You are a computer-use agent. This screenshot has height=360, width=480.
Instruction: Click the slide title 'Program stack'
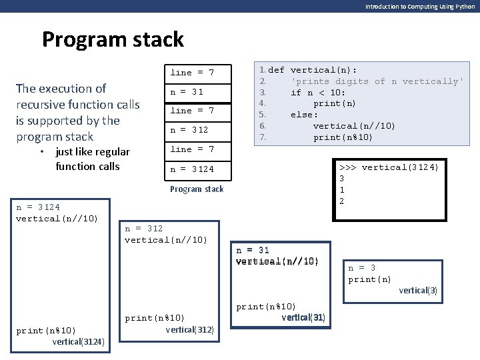coord(113,39)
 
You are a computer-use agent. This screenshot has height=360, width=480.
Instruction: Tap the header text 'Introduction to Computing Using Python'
coord(420,6)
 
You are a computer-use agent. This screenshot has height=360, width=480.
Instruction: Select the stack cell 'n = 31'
coord(187,92)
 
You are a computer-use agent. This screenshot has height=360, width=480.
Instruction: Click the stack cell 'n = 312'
coord(190,130)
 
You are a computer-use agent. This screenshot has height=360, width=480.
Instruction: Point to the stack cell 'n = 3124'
coord(193,169)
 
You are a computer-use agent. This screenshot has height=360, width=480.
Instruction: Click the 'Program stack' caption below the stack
coord(197,189)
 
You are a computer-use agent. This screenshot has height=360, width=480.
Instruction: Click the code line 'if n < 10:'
coord(318,93)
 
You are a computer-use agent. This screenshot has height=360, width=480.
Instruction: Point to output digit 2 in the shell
coord(342,201)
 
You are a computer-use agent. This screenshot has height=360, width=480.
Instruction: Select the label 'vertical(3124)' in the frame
coord(78,342)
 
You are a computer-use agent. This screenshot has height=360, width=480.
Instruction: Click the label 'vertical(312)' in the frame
coord(190,329)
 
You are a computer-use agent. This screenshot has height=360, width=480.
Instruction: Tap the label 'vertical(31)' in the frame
coord(303,317)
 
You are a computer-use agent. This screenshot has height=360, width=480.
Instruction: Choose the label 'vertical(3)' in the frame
coord(418,290)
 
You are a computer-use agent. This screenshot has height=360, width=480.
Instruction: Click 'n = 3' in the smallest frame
coord(362,268)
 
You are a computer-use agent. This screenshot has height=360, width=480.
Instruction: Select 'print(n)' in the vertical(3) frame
coord(370,279)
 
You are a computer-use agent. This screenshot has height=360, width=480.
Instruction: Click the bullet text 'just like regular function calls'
coord(93,159)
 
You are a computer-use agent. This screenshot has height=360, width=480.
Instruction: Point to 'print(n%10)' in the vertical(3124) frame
coord(46,331)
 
